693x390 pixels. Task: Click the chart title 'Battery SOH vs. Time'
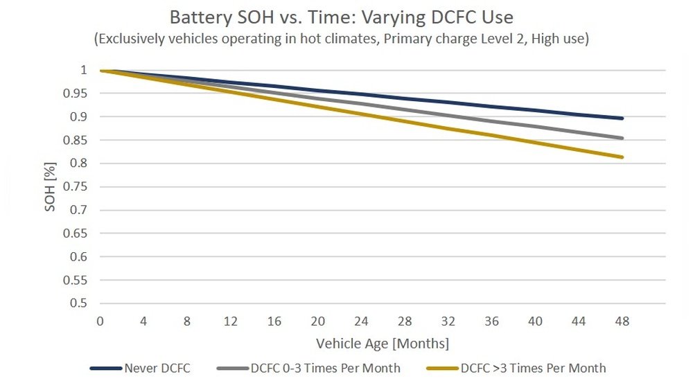click(341, 16)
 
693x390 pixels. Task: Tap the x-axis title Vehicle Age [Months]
click(383, 344)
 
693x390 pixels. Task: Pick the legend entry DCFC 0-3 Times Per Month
click(326, 368)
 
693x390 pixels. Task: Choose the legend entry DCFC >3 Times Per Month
click(533, 368)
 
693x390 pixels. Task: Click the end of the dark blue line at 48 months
click(622, 118)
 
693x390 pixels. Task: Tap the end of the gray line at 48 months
click(622, 138)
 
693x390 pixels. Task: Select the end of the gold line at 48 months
click(622, 157)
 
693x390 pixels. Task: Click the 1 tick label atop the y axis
click(83, 70)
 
